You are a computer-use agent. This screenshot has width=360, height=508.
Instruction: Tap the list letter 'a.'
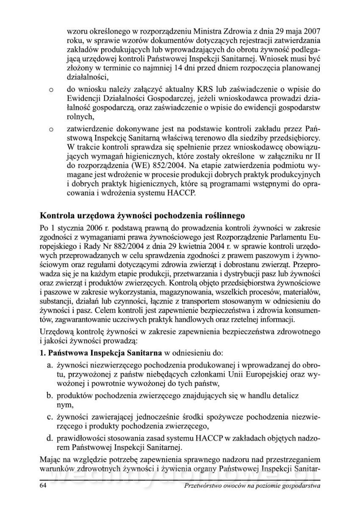coord(50,365)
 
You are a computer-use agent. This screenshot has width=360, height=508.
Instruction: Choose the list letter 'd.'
coord(50,437)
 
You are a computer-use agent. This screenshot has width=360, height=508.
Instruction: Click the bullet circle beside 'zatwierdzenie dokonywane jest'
coord(51,127)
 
